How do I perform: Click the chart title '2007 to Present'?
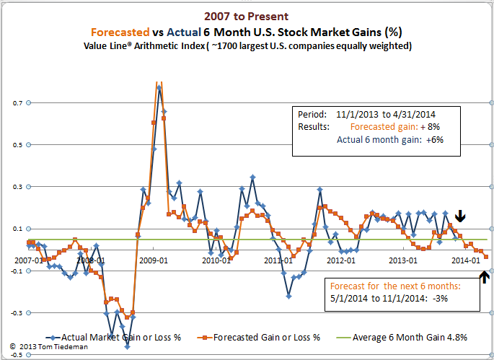coord(247,15)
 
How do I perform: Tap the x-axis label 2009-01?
coord(154,260)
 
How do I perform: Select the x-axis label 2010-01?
coord(215,260)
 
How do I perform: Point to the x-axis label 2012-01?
coord(340,260)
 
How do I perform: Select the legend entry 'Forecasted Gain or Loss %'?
coord(264,336)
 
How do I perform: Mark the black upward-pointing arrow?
coord(485,275)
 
